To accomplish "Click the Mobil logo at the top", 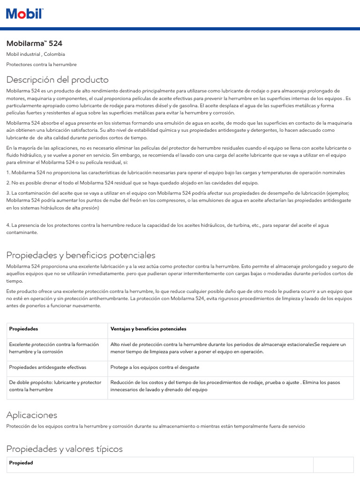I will pyautogui.click(x=24, y=14).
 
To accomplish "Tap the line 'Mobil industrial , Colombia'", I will pyautogui.click(x=36, y=54).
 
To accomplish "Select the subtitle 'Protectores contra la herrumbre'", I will pyautogui.click(x=41, y=64).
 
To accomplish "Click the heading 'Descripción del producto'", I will pyautogui.click(x=57, y=80).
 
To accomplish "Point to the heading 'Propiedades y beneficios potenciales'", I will pyautogui.click(x=81, y=255).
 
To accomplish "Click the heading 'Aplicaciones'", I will pyautogui.click(x=32, y=415).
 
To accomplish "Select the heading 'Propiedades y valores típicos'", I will pyautogui.click(x=65, y=449).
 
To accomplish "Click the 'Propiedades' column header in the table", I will pyautogui.click(x=23, y=329).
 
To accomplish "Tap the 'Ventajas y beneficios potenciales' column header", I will pyautogui.click(x=148, y=329).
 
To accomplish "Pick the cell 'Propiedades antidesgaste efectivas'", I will pyautogui.click(x=48, y=367).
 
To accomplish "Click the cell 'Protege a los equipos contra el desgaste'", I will pyautogui.click(x=155, y=367).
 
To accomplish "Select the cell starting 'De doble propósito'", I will pyautogui.click(x=55, y=386).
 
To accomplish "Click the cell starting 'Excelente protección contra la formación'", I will pyautogui.click(x=54, y=348).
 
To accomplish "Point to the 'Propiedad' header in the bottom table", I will pyautogui.click(x=21, y=463).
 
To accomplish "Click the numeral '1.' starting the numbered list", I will pyautogui.click(x=8, y=172).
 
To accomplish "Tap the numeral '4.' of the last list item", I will pyautogui.click(x=8, y=225).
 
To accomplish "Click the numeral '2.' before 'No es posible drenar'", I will pyautogui.click(x=8, y=183).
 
